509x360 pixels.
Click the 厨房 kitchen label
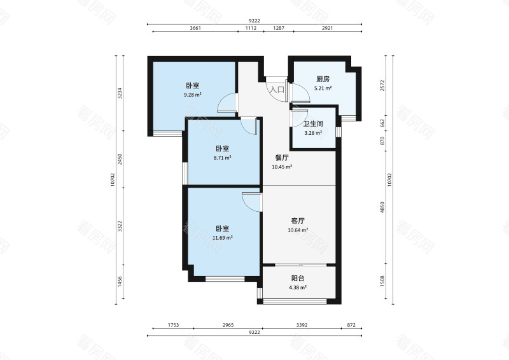click(323, 79)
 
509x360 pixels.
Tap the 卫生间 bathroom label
click(313, 123)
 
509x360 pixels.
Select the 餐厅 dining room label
click(282, 158)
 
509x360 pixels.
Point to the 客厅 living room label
click(298, 221)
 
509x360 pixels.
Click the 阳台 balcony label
click(298, 278)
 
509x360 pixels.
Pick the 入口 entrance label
click(277, 90)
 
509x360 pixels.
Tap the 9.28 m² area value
click(193, 95)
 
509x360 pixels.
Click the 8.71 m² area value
click(222, 158)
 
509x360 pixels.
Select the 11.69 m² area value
click(222, 238)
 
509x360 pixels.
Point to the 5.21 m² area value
click(323, 88)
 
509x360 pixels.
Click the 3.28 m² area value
click(313, 133)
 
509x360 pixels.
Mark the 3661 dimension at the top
click(195, 28)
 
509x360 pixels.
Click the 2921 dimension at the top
click(327, 28)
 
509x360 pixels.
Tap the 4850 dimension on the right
click(382, 207)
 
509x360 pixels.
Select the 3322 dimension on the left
click(120, 226)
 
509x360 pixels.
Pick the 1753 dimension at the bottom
click(173, 325)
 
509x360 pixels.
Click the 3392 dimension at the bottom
click(302, 325)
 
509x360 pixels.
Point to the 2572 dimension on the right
click(382, 85)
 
